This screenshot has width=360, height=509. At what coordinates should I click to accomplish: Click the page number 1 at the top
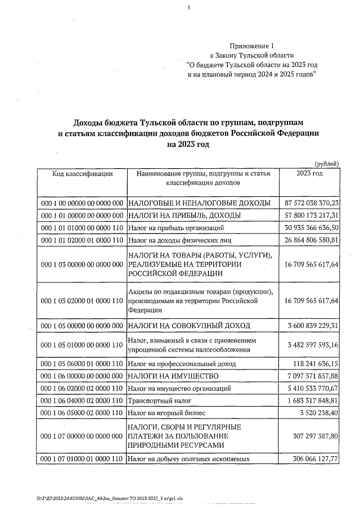[190, 7]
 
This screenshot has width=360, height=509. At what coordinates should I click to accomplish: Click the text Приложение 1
[254, 45]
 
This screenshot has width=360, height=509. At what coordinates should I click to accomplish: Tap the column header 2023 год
[309, 173]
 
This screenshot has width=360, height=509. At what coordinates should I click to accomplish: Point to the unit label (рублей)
[326, 163]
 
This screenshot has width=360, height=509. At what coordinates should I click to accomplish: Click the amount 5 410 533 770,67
[312, 389]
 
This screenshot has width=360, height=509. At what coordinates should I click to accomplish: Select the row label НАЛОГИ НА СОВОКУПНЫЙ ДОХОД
[188, 326]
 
